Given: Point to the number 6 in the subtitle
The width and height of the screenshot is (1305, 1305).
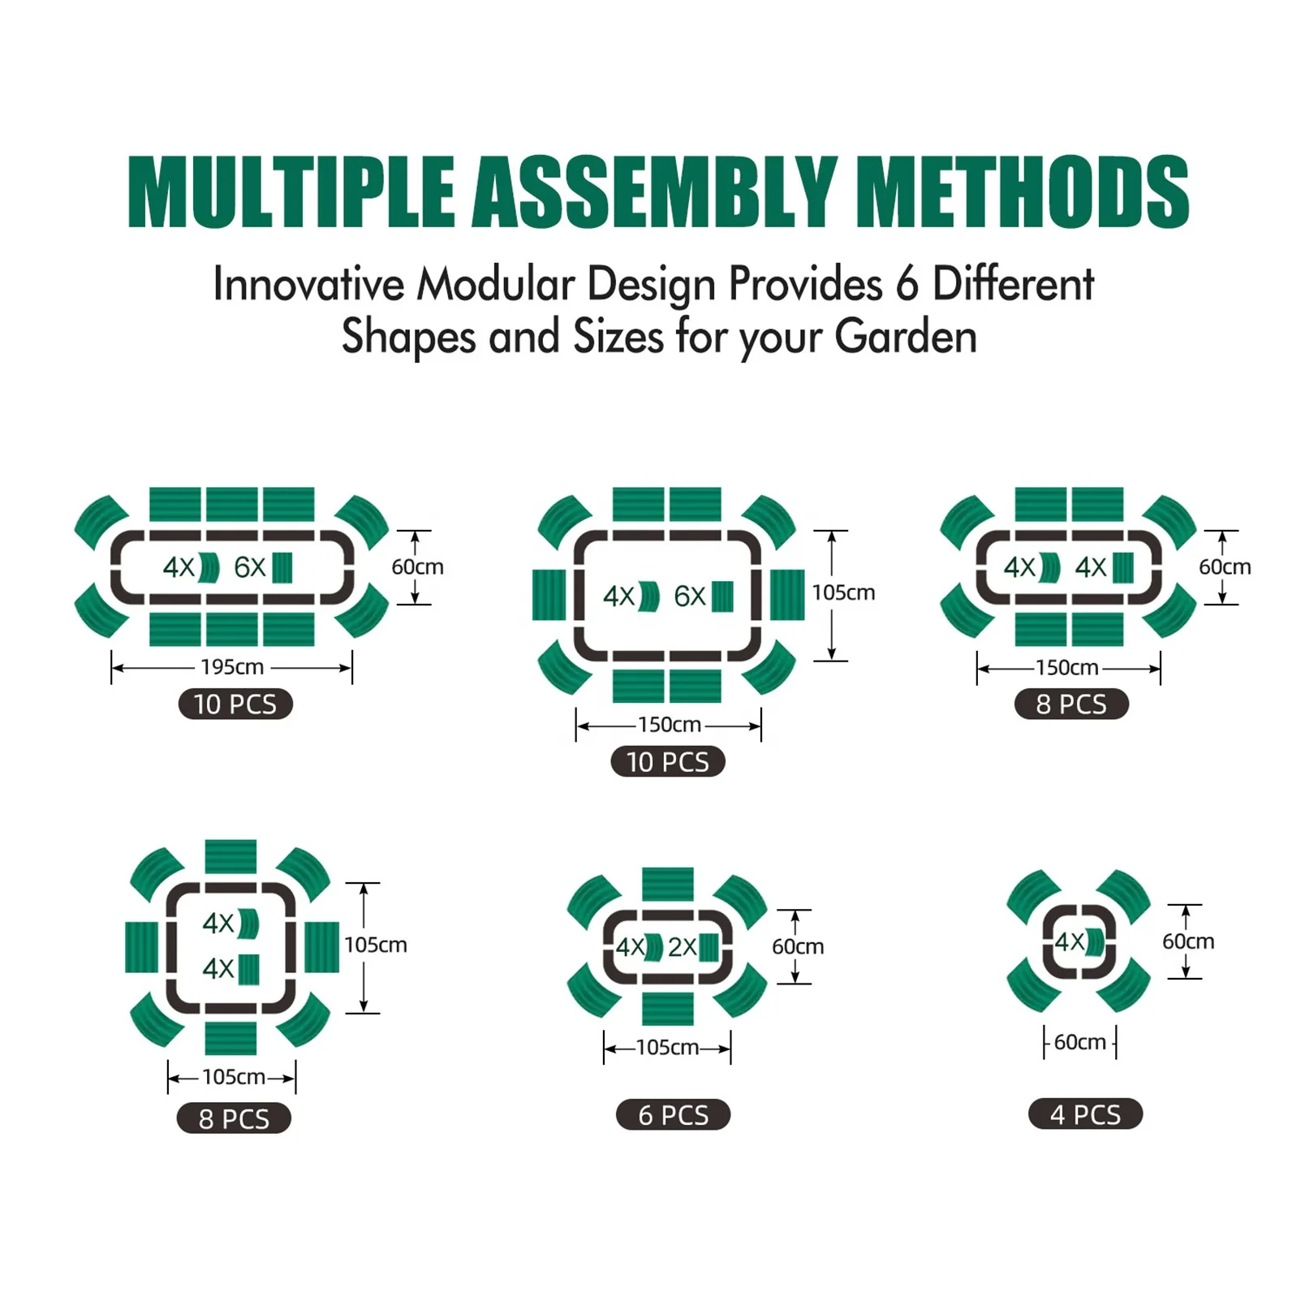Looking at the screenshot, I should pos(907,284).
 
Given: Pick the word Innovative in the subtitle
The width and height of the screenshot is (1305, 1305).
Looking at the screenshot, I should pos(308,284).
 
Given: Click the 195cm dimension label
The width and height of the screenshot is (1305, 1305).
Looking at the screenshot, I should pos(232,667).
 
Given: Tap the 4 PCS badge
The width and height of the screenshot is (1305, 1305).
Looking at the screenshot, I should pos(1085,1114).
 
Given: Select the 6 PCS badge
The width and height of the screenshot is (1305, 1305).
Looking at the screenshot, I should pos(673,1115).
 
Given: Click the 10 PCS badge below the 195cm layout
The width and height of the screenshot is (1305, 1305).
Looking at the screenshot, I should pos(235,704).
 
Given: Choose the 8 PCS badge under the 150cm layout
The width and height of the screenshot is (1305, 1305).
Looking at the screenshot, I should pos(1071,704).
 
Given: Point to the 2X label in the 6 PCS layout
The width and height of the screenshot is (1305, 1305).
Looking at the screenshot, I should pos(682,946).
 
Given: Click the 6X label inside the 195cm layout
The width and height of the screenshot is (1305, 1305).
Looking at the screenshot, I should pos(249,567).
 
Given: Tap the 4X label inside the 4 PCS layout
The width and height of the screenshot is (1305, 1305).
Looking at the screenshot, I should pos(1069,941).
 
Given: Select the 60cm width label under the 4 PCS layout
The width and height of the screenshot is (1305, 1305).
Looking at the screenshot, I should pos(1079,1042).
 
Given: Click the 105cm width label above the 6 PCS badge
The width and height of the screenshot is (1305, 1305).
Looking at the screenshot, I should pos(667,1048).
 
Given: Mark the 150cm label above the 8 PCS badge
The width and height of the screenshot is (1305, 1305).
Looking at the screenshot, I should pos(1066,668).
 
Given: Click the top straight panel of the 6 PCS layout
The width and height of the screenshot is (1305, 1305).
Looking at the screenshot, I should pos(668,884).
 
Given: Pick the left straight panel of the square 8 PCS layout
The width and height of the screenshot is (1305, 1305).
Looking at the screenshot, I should pos(142,947).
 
